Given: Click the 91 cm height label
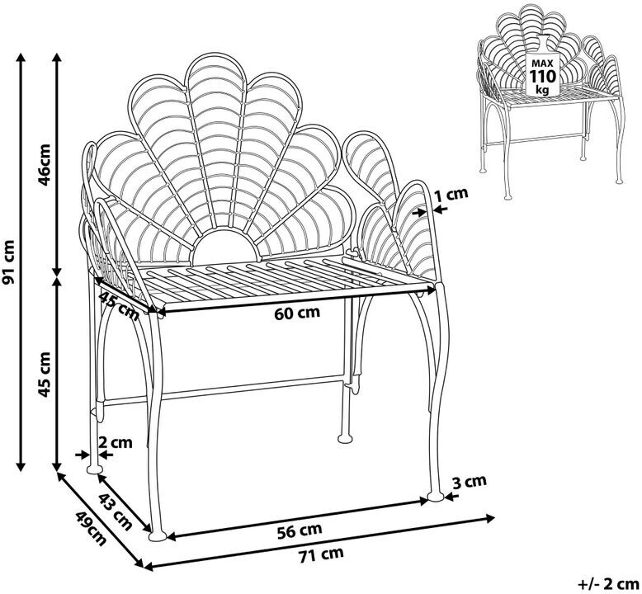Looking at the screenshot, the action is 9,262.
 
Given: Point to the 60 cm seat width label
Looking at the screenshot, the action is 297,313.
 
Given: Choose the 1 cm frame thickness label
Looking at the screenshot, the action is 451,195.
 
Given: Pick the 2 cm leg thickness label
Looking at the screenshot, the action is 115,442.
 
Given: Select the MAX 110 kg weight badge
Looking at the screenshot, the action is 542,75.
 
